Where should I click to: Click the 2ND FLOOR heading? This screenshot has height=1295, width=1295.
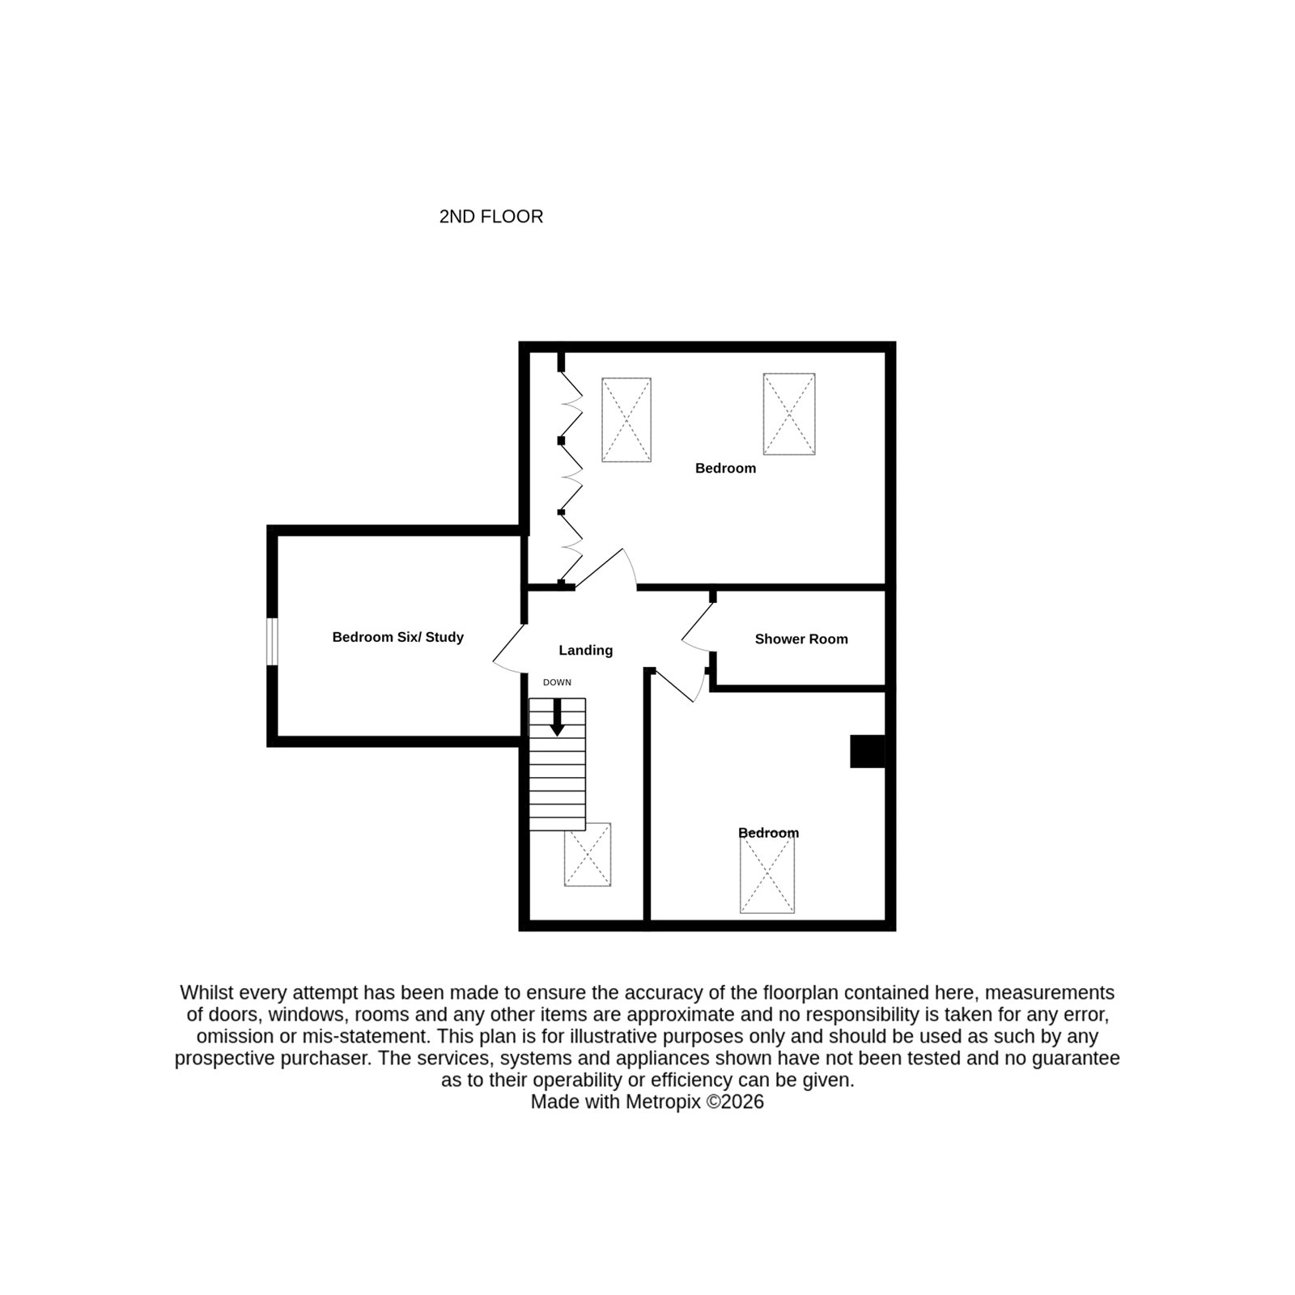coord(490,217)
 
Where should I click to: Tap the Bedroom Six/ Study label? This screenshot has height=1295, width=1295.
coord(398,637)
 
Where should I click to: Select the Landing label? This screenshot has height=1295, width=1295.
coord(586,650)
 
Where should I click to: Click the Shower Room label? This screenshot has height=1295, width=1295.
coord(801,639)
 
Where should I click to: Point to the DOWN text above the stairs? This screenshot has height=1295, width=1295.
coord(557,682)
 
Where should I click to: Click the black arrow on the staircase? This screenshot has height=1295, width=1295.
coord(557,717)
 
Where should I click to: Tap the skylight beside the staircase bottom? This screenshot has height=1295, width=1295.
coord(588,855)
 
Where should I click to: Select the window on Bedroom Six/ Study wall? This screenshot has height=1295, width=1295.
coord(273,642)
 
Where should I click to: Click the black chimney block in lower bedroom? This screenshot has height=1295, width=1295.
coord(867,751)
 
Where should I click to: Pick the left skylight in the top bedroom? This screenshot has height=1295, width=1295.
coord(626,420)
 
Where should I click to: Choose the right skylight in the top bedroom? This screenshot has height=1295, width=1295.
coord(789,414)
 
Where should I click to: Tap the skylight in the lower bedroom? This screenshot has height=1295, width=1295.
coord(767,873)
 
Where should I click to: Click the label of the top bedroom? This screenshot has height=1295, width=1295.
coord(725,468)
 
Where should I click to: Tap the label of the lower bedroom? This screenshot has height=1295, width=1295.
coord(768,833)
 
